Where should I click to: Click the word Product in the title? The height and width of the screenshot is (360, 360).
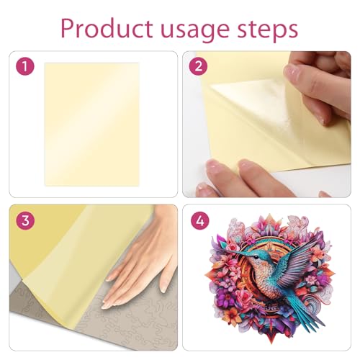(107, 28)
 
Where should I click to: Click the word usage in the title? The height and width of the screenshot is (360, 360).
(196, 31)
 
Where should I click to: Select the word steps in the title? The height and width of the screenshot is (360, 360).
(268, 30)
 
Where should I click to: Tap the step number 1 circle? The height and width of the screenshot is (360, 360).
(25, 66)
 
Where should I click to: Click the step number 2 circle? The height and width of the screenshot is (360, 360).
(198, 66)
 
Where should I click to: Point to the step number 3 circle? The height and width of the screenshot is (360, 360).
(25, 220)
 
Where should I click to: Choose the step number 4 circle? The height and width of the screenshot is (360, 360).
(200, 220)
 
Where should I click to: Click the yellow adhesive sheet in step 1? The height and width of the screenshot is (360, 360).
(92, 125)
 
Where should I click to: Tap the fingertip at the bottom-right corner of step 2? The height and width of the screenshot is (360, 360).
(325, 194)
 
